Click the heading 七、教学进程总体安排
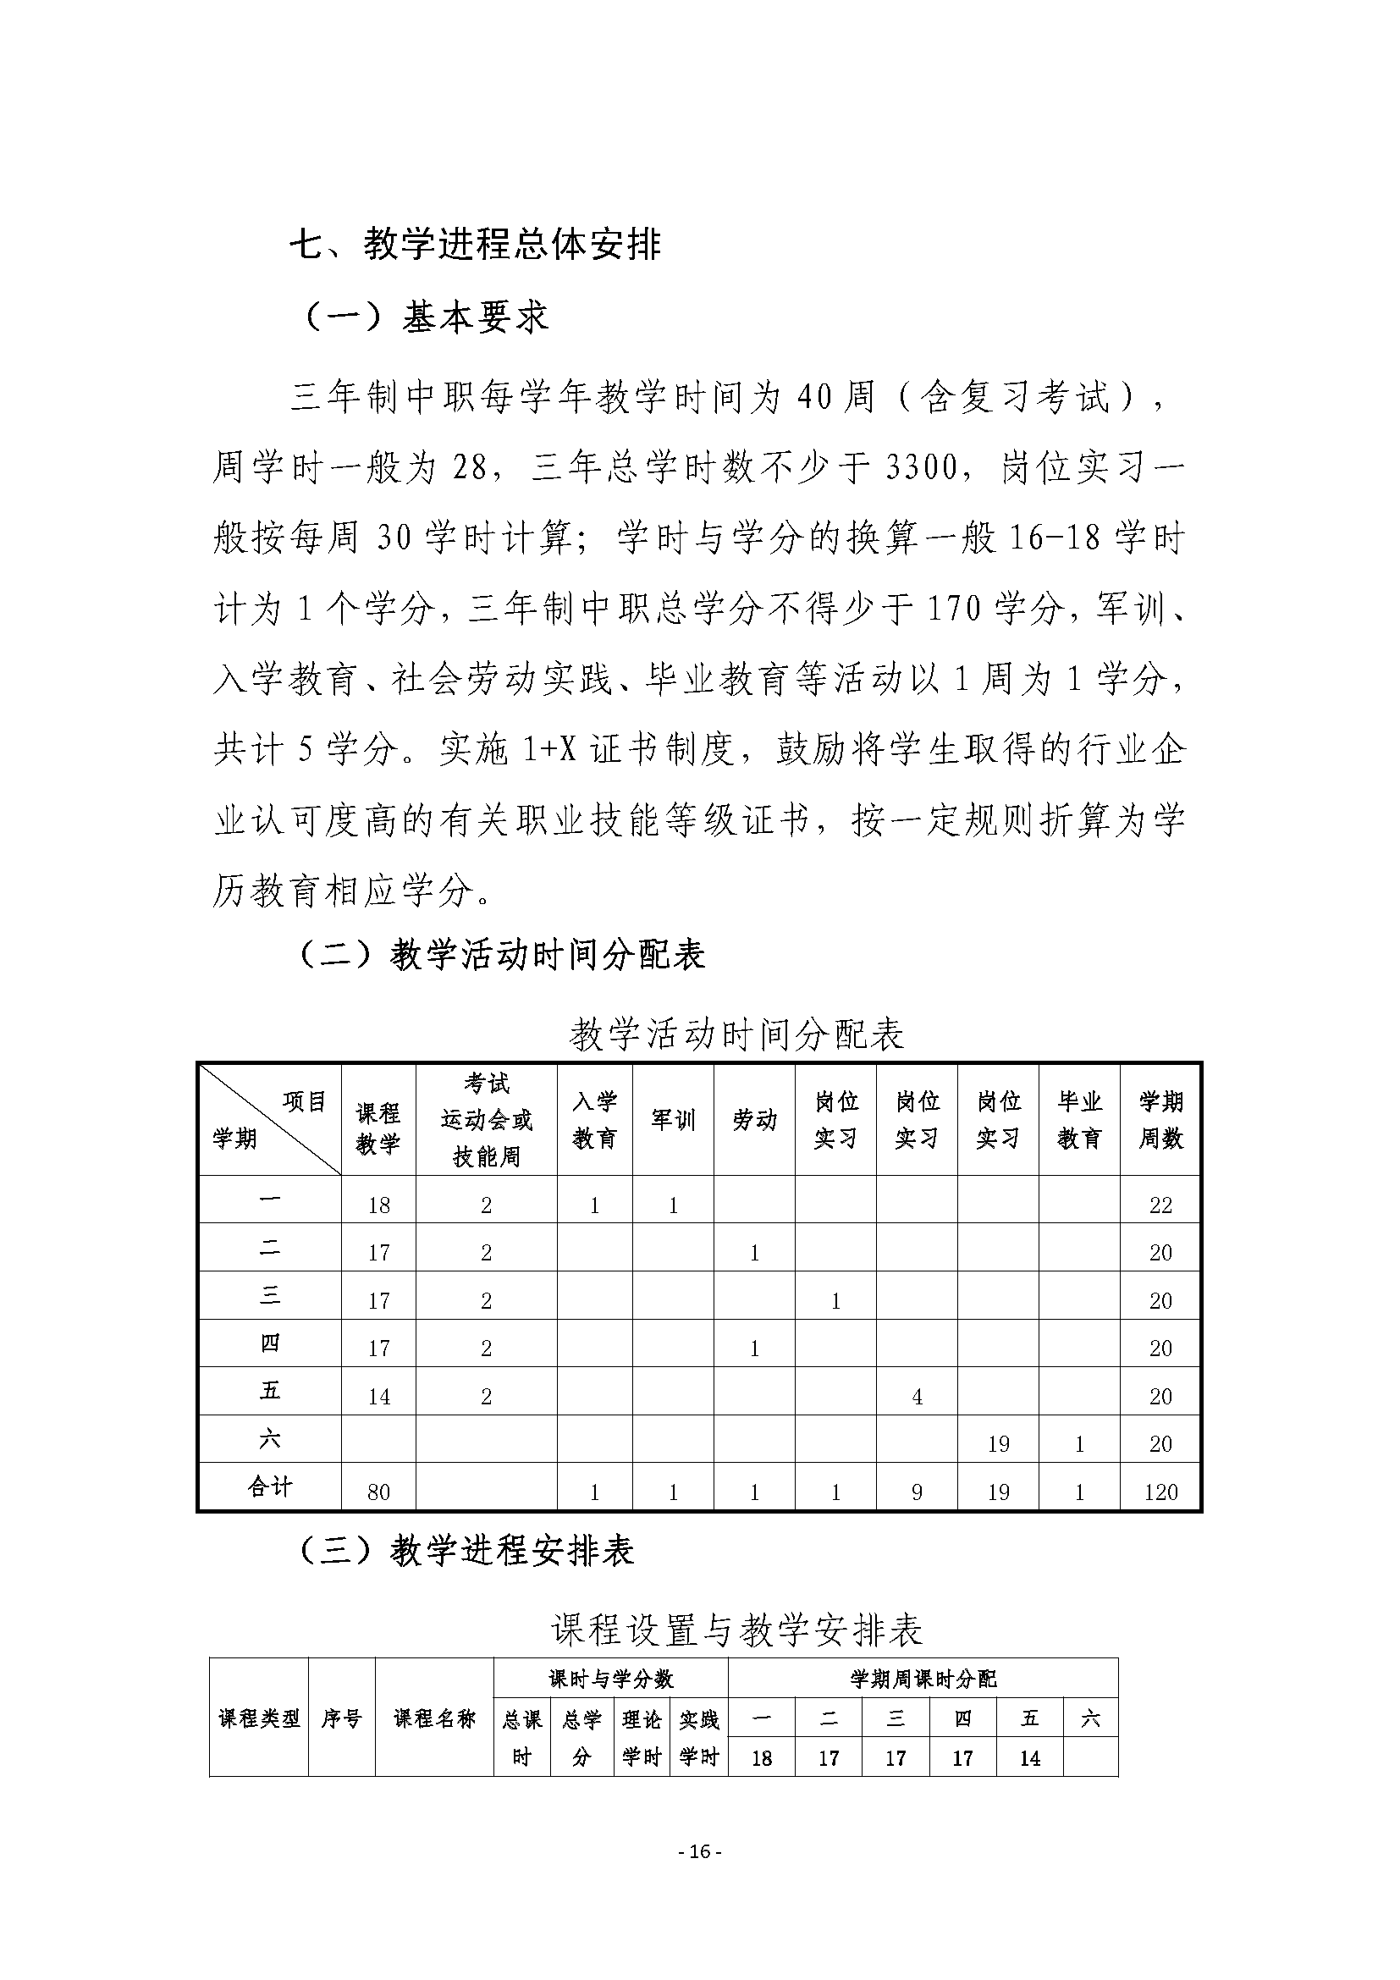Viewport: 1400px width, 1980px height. [x=475, y=245]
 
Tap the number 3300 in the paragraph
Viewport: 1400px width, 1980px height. [x=922, y=468]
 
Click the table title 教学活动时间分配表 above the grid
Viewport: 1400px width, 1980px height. [x=737, y=1034]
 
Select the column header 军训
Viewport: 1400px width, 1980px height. [x=672, y=1119]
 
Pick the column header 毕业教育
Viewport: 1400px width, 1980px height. [x=1079, y=1119]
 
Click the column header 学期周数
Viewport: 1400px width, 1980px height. [x=1160, y=1119]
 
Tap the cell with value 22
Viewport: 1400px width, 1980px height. [x=1160, y=1205]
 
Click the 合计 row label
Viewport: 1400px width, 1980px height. [x=270, y=1486]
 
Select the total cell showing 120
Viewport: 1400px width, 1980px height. [x=1160, y=1492]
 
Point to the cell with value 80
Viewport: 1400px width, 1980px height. [x=378, y=1492]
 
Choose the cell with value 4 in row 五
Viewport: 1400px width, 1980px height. [x=917, y=1396]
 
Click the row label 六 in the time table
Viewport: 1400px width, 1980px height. [x=270, y=1437]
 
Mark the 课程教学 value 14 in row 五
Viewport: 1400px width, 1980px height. [x=378, y=1396]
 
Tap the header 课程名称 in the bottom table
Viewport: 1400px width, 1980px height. [x=434, y=1718]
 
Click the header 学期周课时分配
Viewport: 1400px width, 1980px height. [x=923, y=1678]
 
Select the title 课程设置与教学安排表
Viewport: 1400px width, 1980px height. [x=737, y=1630]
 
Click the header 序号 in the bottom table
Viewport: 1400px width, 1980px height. [x=341, y=1718]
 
